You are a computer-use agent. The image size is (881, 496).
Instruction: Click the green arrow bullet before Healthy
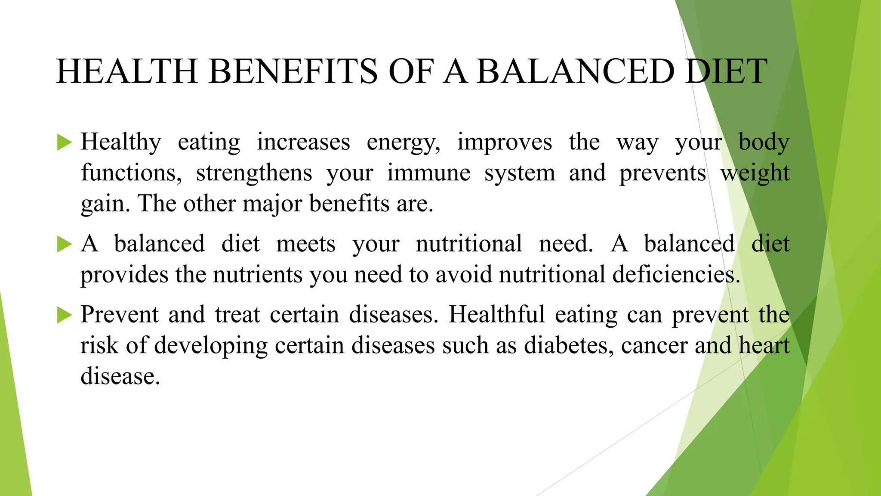[x=64, y=142]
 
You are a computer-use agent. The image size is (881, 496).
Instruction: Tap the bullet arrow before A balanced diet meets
[x=64, y=244]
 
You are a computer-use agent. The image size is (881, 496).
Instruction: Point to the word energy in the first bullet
[x=403, y=143]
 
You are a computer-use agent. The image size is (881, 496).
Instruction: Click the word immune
[x=428, y=173]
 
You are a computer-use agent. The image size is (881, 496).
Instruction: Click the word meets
[x=305, y=244]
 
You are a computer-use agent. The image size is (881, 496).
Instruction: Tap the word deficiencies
[x=676, y=275]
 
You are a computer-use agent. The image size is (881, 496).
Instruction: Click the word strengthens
[x=254, y=173]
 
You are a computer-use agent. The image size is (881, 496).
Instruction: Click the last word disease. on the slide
[x=120, y=376]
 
